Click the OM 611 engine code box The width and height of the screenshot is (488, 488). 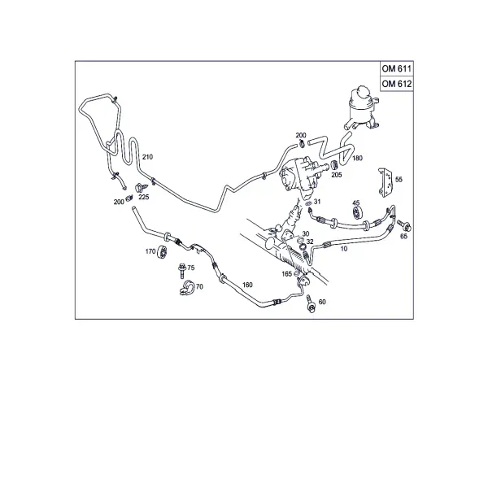[x=397, y=68]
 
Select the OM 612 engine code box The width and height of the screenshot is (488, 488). [x=397, y=84]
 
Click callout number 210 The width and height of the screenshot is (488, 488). [x=147, y=157]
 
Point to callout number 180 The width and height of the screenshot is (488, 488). [x=357, y=158]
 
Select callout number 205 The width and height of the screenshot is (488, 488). [x=337, y=175]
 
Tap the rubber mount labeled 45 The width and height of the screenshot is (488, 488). [x=357, y=212]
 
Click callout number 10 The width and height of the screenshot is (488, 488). [x=343, y=249]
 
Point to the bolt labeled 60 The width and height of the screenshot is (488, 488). [x=311, y=303]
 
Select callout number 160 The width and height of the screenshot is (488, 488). [x=247, y=285]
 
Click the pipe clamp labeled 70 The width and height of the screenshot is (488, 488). [x=186, y=288]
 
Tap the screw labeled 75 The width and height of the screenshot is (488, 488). [x=181, y=271]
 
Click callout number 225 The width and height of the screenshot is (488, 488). [x=144, y=198]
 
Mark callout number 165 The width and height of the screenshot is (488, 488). [x=286, y=274]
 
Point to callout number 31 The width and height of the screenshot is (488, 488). [x=317, y=202]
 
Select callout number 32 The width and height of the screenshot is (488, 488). [x=310, y=242]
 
